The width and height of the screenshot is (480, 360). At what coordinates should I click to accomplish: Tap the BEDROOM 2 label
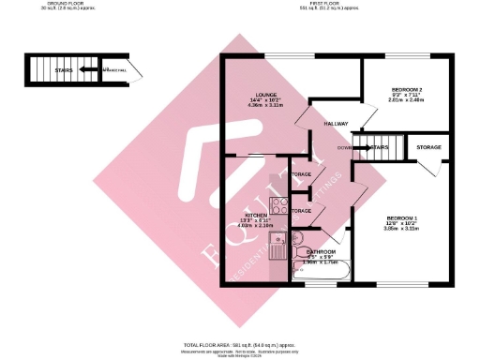click(407, 89)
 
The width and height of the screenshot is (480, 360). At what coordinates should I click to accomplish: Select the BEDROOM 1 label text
click(399, 217)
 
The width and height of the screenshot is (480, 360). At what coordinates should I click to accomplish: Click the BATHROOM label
click(322, 251)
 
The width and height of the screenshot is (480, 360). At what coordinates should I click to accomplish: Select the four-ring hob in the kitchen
click(278, 205)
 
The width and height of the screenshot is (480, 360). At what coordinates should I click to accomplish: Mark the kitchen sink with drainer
click(278, 246)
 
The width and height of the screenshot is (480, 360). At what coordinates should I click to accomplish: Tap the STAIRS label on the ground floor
click(65, 68)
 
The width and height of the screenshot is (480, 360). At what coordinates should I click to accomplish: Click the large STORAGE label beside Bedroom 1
click(429, 147)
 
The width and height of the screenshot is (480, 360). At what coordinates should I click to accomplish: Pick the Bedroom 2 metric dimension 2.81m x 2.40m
click(407, 101)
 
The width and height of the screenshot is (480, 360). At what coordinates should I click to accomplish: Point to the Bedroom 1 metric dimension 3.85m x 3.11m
click(399, 229)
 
